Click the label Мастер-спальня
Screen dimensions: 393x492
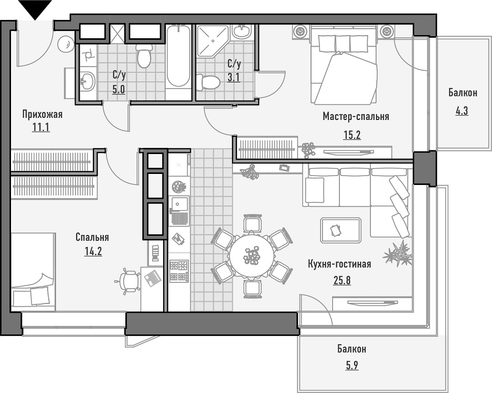tap(356, 116)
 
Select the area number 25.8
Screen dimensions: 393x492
tap(341, 279)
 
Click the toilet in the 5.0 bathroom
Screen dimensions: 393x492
tap(144, 54)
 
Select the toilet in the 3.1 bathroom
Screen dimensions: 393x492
tap(208, 82)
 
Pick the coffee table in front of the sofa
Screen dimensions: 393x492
tap(340, 229)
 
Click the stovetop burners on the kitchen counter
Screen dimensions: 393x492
tap(179, 270)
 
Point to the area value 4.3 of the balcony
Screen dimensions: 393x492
tap(462, 111)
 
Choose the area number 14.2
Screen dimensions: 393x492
tap(93, 251)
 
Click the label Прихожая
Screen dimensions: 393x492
tap(42, 114)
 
